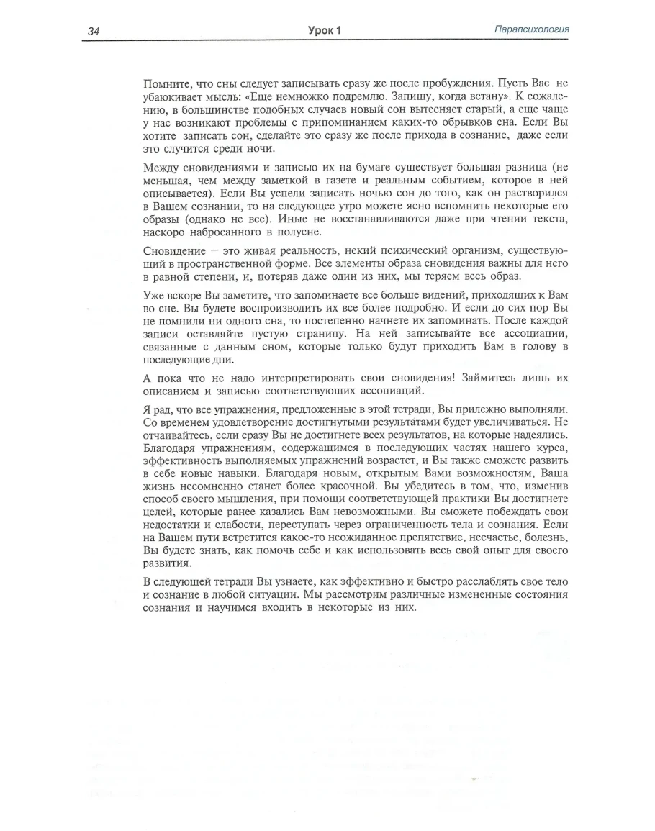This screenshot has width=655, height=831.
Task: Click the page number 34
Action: [x=94, y=31]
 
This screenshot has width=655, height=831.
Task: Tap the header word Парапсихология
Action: [x=533, y=29]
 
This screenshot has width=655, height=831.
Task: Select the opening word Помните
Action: [x=165, y=83]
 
